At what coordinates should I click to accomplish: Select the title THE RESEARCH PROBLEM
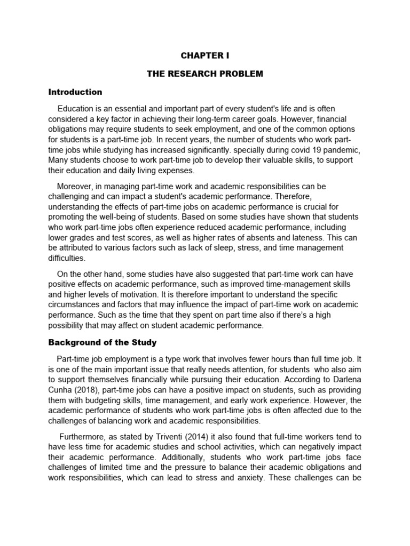tap(205, 74)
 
